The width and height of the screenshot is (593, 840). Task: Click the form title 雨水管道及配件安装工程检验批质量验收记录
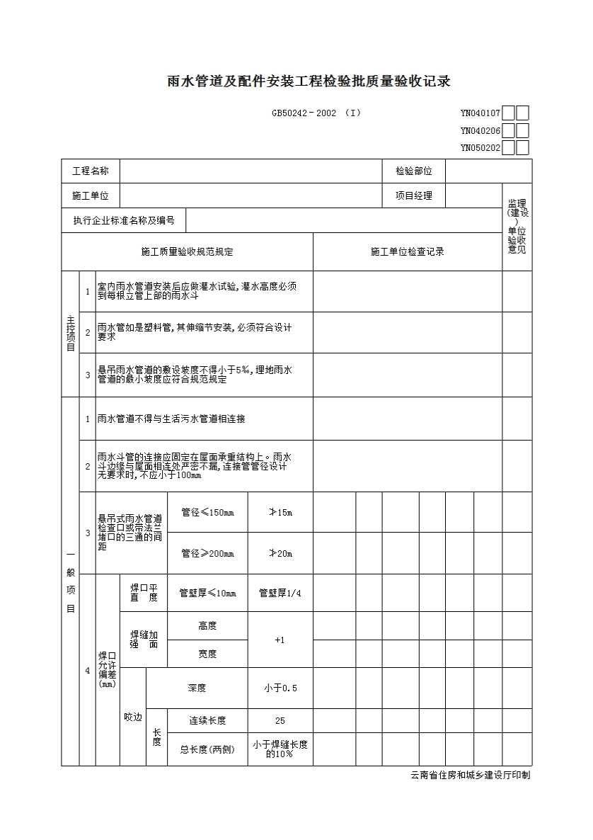point(309,81)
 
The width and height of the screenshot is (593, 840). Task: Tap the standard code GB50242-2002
point(304,113)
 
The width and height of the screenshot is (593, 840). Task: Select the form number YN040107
point(480,113)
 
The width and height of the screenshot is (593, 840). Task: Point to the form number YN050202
point(480,148)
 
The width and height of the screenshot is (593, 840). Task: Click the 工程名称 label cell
point(91,171)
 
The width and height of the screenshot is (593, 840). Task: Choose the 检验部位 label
point(413,171)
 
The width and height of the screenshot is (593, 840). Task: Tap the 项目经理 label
point(413,195)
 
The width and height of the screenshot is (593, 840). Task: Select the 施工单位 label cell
point(91,195)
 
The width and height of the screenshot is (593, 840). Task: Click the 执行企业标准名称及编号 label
point(124,220)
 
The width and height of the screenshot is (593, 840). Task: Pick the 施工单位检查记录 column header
point(408,251)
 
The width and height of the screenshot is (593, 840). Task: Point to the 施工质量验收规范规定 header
point(187,251)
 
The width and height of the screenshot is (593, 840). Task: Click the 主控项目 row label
point(70,334)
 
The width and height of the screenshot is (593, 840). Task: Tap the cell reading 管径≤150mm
point(207,512)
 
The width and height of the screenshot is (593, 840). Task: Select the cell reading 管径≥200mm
point(207,553)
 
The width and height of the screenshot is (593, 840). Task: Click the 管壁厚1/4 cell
point(280,593)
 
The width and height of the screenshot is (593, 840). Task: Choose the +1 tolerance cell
point(280,640)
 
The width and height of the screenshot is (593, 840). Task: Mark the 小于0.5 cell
point(280,688)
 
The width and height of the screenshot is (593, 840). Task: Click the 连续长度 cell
point(207,721)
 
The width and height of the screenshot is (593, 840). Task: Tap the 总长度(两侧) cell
point(207,749)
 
